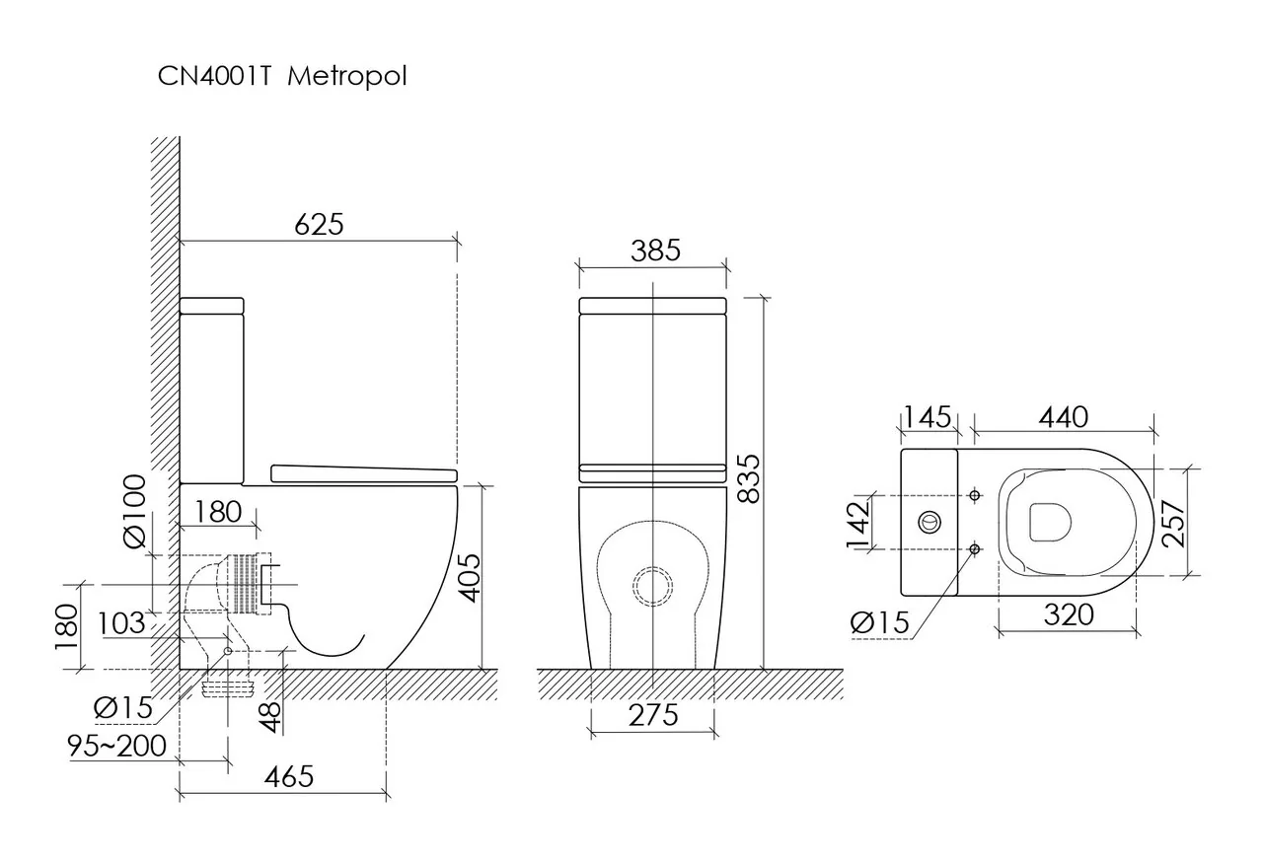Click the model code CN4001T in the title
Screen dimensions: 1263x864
[215, 76]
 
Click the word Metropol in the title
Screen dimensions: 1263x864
[346, 77]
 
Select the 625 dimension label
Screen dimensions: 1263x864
[319, 224]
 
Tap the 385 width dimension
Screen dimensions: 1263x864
[655, 251]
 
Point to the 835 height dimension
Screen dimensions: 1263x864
[749, 478]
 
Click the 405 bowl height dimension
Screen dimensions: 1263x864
[469, 578]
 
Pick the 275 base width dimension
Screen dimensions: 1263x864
[653, 716]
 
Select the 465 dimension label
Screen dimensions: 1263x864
[289, 777]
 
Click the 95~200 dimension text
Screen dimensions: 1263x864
[116, 747]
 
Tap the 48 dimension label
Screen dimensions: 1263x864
[271, 717]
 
